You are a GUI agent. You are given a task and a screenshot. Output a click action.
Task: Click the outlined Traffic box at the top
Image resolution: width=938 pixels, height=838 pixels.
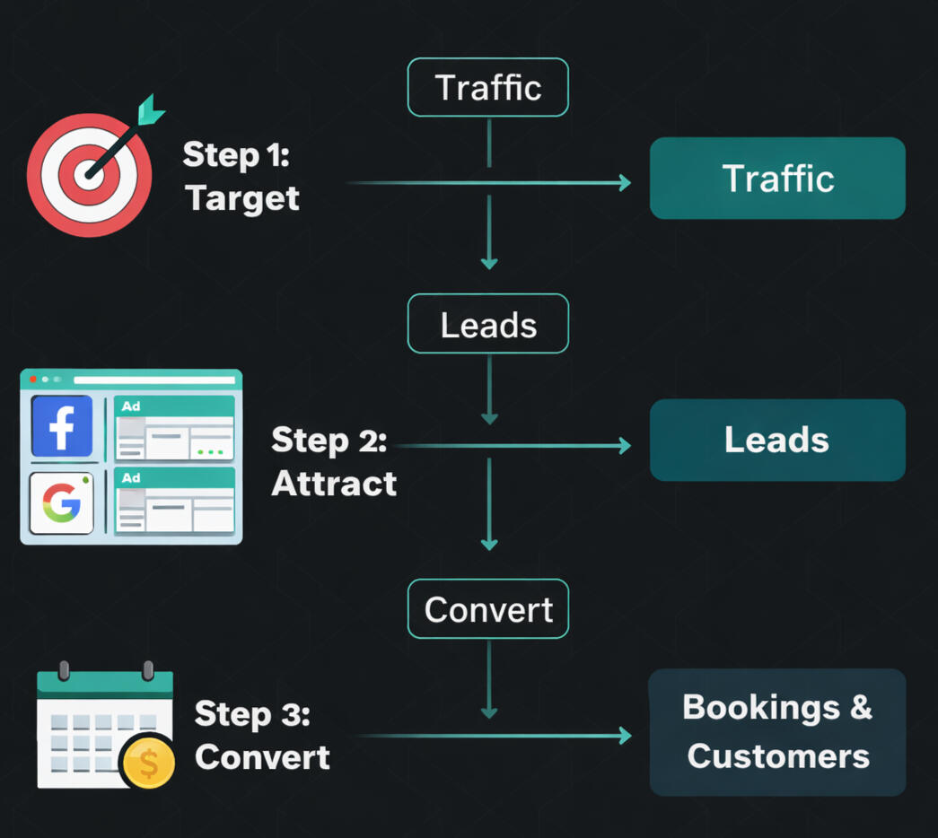coord(488,88)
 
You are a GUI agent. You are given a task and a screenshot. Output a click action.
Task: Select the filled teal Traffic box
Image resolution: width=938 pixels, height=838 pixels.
coord(777,179)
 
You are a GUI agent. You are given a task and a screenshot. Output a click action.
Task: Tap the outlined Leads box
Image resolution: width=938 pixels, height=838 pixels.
coord(488,324)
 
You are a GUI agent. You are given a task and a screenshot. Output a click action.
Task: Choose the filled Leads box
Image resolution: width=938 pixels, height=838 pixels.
coord(777,441)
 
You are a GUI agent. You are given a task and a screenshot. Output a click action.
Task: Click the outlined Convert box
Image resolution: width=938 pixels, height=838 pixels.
coord(488,610)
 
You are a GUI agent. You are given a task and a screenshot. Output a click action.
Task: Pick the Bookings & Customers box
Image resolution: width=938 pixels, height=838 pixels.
coord(777,732)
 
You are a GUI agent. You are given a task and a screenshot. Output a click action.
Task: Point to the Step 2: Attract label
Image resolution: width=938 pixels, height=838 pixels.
coord(333,462)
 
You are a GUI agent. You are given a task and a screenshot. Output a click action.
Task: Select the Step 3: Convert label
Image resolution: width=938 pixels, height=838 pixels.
coord(261,736)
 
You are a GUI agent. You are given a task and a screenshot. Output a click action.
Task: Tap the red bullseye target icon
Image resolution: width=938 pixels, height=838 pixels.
coord(88,174)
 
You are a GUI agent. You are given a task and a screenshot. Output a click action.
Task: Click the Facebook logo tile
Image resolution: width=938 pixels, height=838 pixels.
coord(62,426)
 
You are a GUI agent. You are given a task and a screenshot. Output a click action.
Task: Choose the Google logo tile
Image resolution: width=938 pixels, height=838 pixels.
coord(62,503)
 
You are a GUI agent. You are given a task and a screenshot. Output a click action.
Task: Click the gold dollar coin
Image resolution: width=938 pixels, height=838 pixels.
coord(148,764)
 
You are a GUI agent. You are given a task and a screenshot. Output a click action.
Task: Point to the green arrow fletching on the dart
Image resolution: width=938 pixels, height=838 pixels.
coord(151,109)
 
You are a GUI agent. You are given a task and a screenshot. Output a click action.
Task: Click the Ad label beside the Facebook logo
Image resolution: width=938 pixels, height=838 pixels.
coord(131,406)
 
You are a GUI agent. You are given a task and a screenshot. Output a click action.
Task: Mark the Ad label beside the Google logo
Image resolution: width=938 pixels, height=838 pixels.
coord(131,478)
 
